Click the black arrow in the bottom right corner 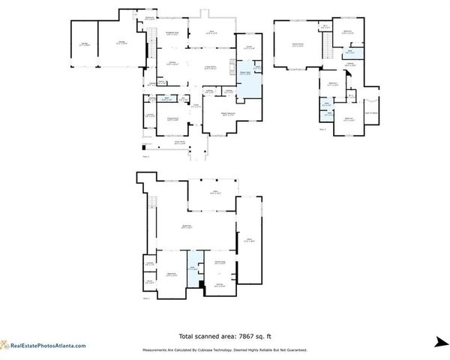tap(439, 343)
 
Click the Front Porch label tap(180, 141)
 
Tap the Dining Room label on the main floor tap(172, 118)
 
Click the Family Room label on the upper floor tap(297, 45)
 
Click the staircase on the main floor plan tap(148, 37)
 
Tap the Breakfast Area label tap(171, 34)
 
